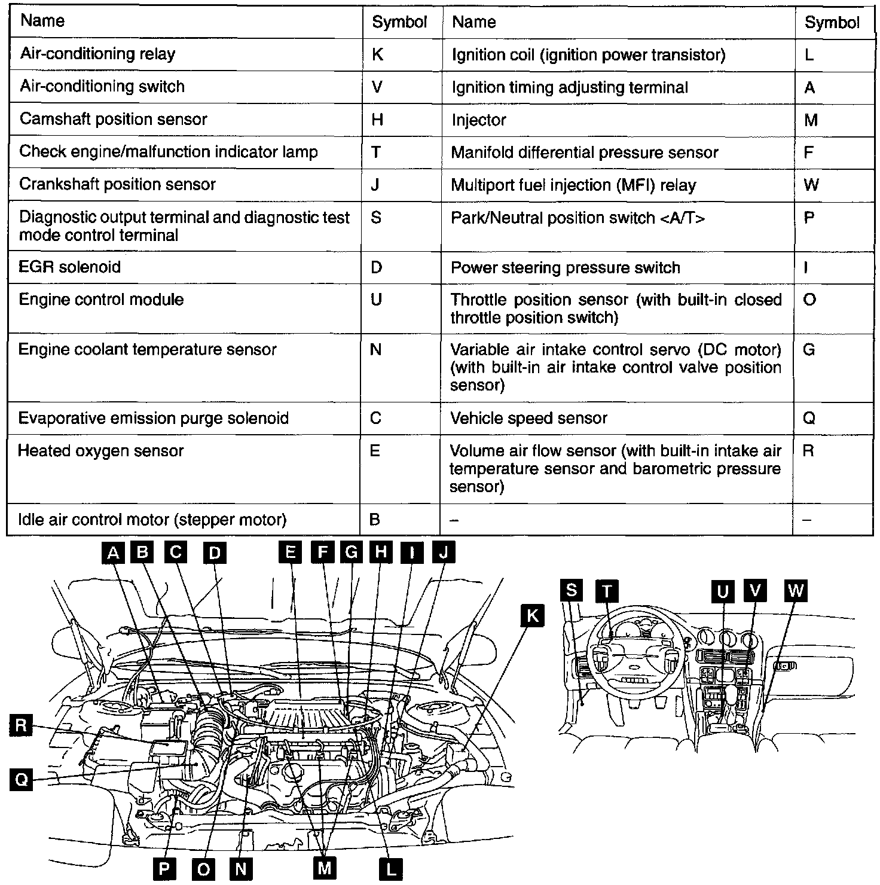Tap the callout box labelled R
21,726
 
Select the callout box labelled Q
21,780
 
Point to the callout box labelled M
324,868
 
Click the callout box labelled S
572,591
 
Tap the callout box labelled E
290,552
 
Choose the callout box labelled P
164,869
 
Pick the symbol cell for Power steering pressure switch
833,267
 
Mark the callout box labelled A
112,553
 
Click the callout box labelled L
391,869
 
